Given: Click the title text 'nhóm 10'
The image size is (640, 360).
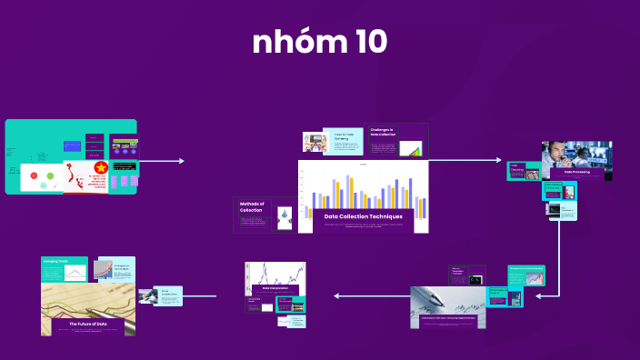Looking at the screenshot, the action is click(320, 43).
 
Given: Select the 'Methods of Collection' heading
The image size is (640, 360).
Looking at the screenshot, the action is click(251, 206).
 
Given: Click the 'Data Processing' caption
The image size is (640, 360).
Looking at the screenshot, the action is click(578, 171).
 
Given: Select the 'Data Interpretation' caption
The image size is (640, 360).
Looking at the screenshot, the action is click(275, 287).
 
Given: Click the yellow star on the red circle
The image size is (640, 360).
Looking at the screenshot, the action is click(101, 167).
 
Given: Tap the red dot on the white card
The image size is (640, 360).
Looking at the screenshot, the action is click(34, 175).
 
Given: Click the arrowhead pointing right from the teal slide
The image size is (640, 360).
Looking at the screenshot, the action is click(181, 161).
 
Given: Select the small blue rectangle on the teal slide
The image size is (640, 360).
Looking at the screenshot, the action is click(72, 145).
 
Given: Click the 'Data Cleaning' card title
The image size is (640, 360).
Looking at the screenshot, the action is click(517, 168).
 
